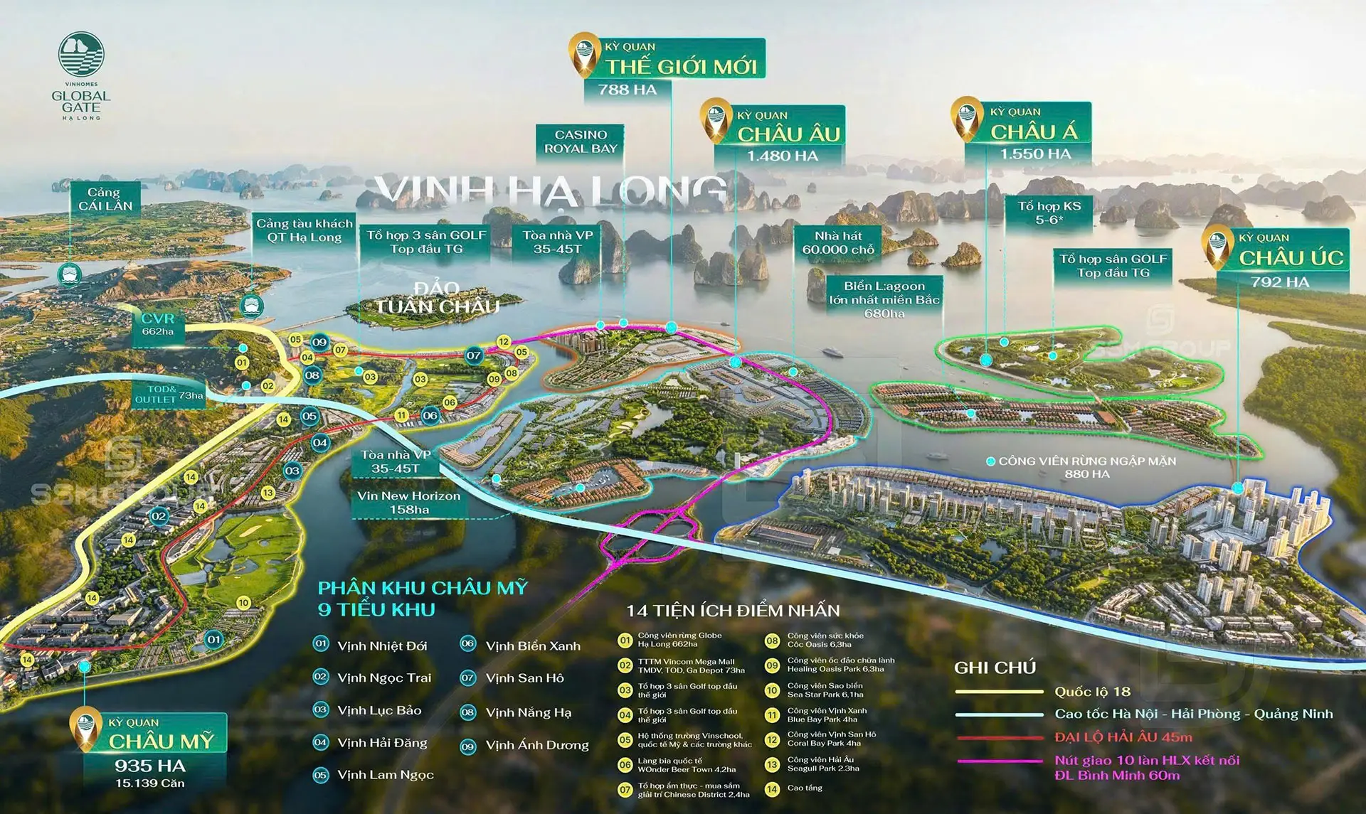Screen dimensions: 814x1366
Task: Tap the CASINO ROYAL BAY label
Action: coord(581,141)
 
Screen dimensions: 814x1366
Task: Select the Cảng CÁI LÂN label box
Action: coord(105,199)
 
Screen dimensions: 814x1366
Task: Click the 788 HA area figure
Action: coord(627,90)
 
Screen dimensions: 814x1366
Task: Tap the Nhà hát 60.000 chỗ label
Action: coord(838,242)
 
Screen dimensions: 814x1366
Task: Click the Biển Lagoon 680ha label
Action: coord(884,299)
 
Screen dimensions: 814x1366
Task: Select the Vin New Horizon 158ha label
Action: coord(408,503)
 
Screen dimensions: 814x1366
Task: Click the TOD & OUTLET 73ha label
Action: coord(169,395)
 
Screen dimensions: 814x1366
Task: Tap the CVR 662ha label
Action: coord(158,324)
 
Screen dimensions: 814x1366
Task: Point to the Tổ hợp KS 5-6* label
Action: coord(1049,213)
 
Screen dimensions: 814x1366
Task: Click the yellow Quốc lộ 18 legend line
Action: coord(999,692)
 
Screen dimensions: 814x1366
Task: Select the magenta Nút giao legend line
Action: coord(999,761)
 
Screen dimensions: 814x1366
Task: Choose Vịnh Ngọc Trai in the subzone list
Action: coord(384,678)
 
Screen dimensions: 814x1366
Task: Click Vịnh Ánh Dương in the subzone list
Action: coord(536,745)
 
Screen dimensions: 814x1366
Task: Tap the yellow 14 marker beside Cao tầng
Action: coord(772,788)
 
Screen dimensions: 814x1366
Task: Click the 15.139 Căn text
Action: coord(150,783)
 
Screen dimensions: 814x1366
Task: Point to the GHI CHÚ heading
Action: coord(995,668)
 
